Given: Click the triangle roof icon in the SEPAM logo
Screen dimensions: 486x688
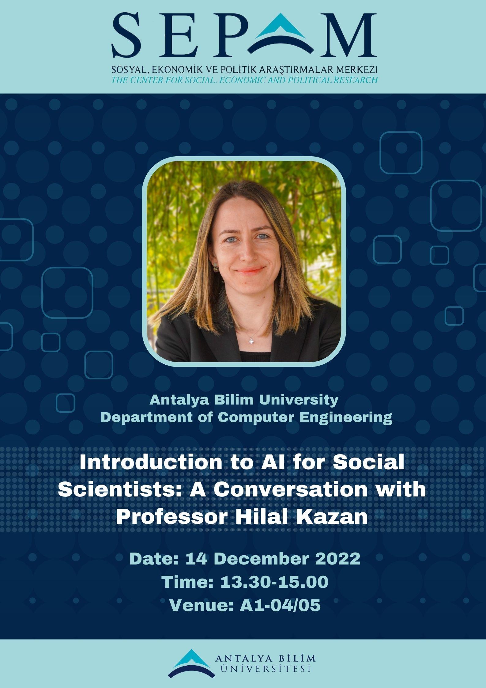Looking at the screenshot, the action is (281, 31).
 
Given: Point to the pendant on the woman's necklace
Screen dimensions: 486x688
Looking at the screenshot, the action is (251, 340).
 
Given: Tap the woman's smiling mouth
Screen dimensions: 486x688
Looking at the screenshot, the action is (250, 270).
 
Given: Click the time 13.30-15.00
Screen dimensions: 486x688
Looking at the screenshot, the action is (274, 582).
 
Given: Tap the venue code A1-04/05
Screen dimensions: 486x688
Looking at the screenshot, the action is (280, 606).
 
